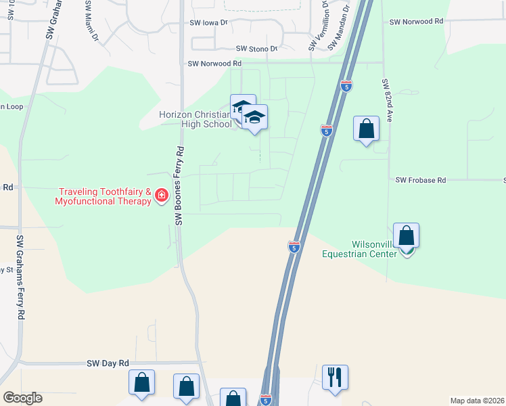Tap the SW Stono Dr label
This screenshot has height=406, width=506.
pos(257,49)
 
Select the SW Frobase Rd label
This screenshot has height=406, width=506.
pos(421,181)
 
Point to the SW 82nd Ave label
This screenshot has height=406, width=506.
pos(387,100)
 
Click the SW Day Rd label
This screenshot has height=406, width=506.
pos(108,363)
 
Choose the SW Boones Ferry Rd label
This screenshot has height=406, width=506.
pos(180,185)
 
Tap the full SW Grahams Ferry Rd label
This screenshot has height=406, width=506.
pos(21,277)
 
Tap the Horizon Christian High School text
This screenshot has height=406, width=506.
pos(195,119)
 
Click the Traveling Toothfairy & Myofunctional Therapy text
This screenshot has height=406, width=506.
pos(103,196)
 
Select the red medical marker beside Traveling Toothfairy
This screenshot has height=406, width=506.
pos(161,196)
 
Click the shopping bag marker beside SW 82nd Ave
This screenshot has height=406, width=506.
pos(366,128)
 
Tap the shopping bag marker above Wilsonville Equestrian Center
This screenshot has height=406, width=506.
pos(406,235)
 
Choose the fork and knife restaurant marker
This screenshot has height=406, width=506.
pos(335,378)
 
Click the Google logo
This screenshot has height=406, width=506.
pos(22,398)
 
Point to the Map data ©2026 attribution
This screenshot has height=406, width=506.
pos(477,400)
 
